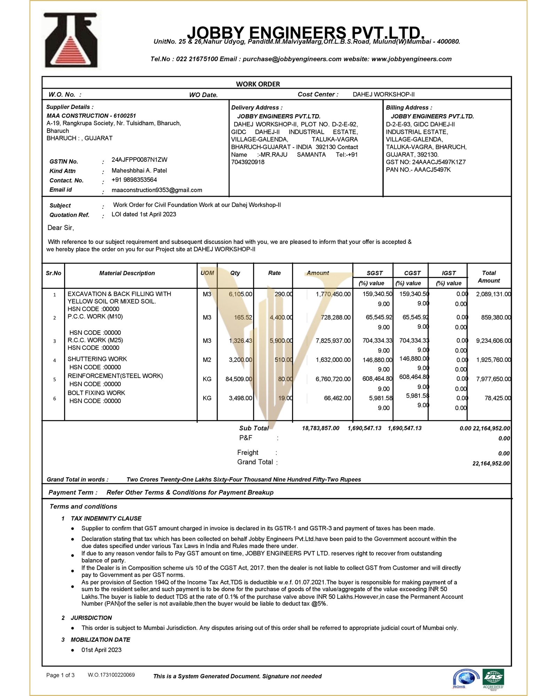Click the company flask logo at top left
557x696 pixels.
point(71,40)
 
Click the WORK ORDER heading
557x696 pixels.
point(258,84)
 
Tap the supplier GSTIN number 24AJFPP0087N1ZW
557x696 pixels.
point(139,160)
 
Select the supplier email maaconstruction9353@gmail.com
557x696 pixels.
point(157,190)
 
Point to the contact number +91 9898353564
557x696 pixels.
point(134,180)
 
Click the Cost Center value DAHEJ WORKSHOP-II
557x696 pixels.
point(383,94)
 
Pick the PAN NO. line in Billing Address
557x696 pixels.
point(418,170)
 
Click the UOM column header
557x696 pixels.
point(207,273)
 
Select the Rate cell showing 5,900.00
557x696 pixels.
point(281,341)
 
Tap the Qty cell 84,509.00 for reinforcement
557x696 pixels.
point(239,379)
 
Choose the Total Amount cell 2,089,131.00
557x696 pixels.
point(493,294)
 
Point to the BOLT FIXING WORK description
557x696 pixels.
point(96,393)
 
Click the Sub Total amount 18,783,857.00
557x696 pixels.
point(320,428)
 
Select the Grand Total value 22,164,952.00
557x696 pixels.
point(491,464)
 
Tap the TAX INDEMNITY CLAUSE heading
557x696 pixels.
point(106,519)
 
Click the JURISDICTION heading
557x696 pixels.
point(91,618)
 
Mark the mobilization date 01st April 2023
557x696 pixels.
point(101,650)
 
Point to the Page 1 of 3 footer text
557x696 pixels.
point(60,675)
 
